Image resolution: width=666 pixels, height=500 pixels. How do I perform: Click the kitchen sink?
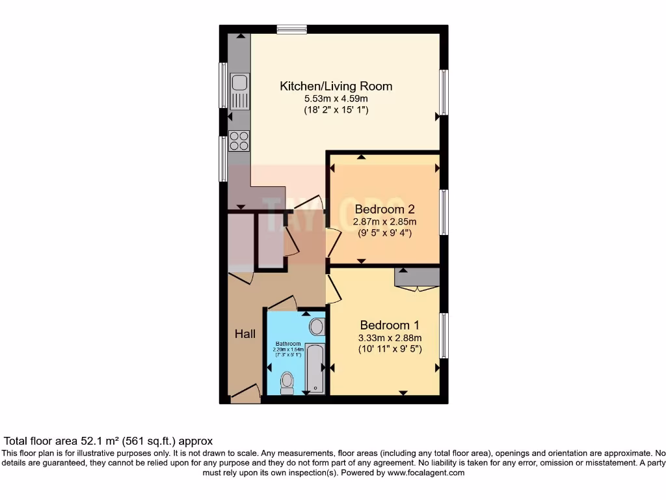click(239, 91)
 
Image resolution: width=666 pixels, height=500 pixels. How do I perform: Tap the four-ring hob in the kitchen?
click(239, 141)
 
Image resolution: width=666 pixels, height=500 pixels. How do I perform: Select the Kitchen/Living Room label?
click(336, 86)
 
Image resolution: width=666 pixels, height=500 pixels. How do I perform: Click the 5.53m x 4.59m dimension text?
click(336, 99)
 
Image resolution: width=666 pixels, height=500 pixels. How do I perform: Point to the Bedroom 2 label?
click(384, 210)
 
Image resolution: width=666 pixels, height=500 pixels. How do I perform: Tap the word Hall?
click(245, 334)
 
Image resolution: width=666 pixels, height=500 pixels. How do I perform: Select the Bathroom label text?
click(288, 344)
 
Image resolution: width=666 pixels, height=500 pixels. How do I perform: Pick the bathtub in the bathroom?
click(315, 368)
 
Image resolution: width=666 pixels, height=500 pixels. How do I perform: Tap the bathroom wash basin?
click(317, 326)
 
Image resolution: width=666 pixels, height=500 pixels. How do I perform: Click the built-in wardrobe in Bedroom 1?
click(417, 277)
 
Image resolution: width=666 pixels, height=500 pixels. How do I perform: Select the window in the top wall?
click(291, 29)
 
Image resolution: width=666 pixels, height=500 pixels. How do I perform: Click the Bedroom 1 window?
click(444, 335)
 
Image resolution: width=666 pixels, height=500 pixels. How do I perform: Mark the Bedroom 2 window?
click(444, 212)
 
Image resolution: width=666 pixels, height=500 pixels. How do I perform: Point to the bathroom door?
click(282, 303)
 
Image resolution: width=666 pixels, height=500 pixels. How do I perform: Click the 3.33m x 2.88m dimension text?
click(390, 338)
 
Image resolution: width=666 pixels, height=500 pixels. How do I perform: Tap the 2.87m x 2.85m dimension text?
click(384, 222)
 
